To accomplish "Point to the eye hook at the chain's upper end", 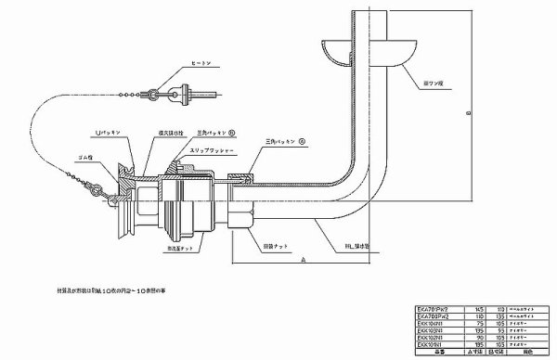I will point(160,92).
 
